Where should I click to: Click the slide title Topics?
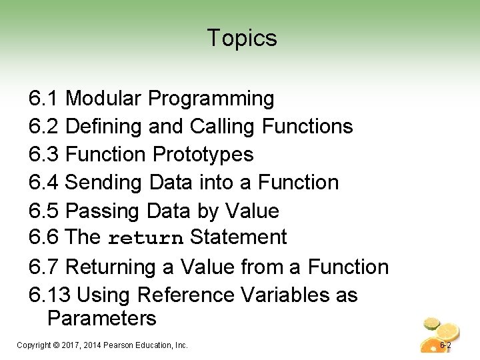pyautogui.click(x=241, y=38)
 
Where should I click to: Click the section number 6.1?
pyautogui.click(x=45, y=99)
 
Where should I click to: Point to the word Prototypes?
pyautogui.click(x=203, y=154)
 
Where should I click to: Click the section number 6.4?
pyautogui.click(x=45, y=182)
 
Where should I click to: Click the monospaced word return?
pyautogui.click(x=145, y=238)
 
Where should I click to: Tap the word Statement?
pyautogui.click(x=239, y=237)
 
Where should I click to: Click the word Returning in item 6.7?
pyautogui.click(x=111, y=267)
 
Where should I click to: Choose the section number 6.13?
pyautogui.click(x=50, y=295)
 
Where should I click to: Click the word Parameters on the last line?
pyautogui.click(x=102, y=318)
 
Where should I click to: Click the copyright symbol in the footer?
pyautogui.click(x=55, y=345)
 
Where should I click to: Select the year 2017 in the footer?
pyautogui.click(x=71, y=345)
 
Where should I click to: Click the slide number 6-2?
pyautogui.click(x=445, y=345)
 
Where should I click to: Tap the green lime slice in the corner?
pyautogui.click(x=433, y=323)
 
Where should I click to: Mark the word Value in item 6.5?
pyautogui.click(x=252, y=211)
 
